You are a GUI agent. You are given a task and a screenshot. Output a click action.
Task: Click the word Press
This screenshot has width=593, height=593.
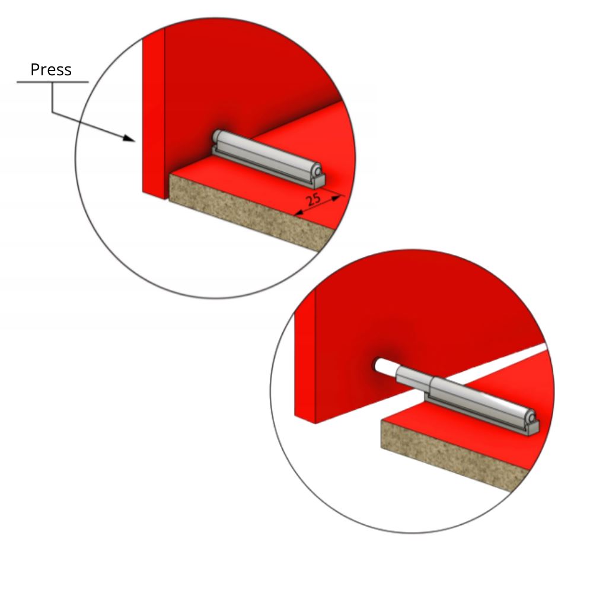pos(51,69)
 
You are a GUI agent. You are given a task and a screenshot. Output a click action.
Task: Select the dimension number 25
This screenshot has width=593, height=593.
pos(314,199)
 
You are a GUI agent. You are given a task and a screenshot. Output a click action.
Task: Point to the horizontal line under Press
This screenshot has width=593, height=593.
pos(52,82)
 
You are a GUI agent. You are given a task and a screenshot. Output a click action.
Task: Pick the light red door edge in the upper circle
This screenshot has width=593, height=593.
pos(153,113)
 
